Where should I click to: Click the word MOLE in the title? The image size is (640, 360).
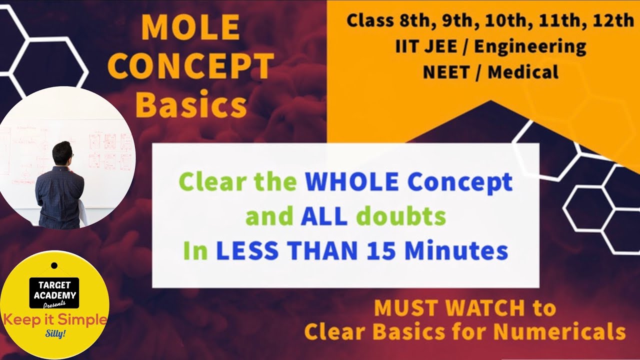coord(190,29)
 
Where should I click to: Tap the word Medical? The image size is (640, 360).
coord(523,72)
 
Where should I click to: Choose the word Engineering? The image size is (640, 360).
coord(530,47)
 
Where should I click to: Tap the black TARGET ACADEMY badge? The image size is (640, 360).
coord(54,292)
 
